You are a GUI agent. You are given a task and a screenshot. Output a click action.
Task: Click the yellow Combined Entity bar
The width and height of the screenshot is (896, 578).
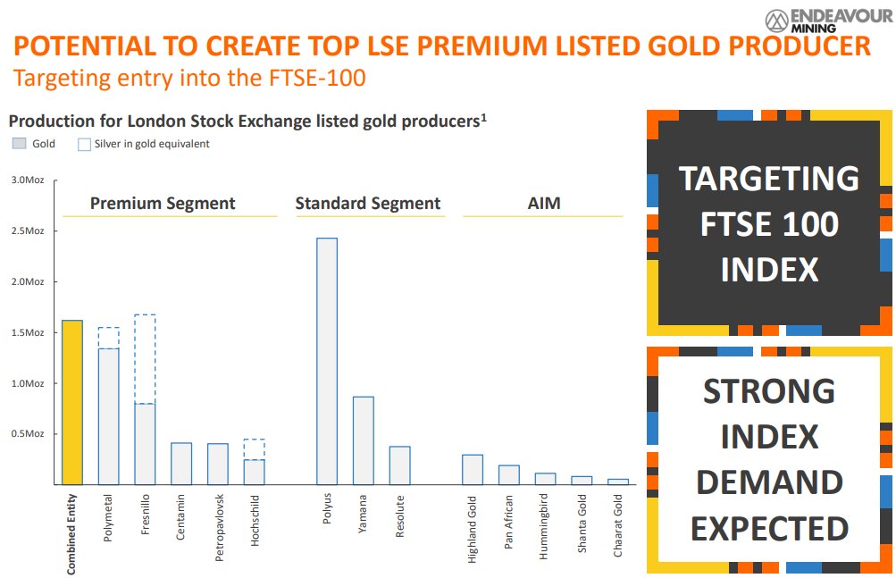point(72,402)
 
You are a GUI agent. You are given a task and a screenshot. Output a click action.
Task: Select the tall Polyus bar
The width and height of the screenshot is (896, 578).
point(327,361)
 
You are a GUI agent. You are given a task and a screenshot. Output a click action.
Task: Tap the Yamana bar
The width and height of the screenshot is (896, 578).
point(363,440)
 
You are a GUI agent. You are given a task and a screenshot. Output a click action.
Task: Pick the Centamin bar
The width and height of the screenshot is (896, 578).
point(181,464)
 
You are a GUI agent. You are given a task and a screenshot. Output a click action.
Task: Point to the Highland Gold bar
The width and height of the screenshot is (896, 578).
point(473,470)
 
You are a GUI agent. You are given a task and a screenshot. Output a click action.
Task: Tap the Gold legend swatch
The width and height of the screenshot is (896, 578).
point(19,144)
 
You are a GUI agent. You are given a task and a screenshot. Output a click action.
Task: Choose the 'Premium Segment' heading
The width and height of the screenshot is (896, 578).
point(163,204)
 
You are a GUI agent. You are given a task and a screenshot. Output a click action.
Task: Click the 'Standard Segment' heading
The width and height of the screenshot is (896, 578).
point(368,204)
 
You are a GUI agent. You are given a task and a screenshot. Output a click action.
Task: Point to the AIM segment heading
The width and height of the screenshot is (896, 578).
point(543,204)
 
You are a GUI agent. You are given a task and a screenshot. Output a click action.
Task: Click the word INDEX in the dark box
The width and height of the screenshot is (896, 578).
point(768,269)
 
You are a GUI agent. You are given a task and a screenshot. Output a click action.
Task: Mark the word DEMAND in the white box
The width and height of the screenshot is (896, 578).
point(768,482)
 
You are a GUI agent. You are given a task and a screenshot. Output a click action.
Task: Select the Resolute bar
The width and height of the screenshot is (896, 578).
point(399,465)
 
